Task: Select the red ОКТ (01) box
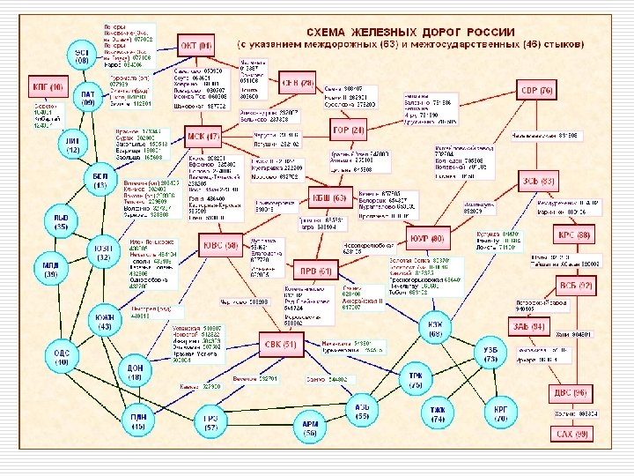197,46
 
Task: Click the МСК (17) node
203,137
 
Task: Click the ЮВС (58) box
220,247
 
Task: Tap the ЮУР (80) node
429,238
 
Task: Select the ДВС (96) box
575,394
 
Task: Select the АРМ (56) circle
310,429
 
